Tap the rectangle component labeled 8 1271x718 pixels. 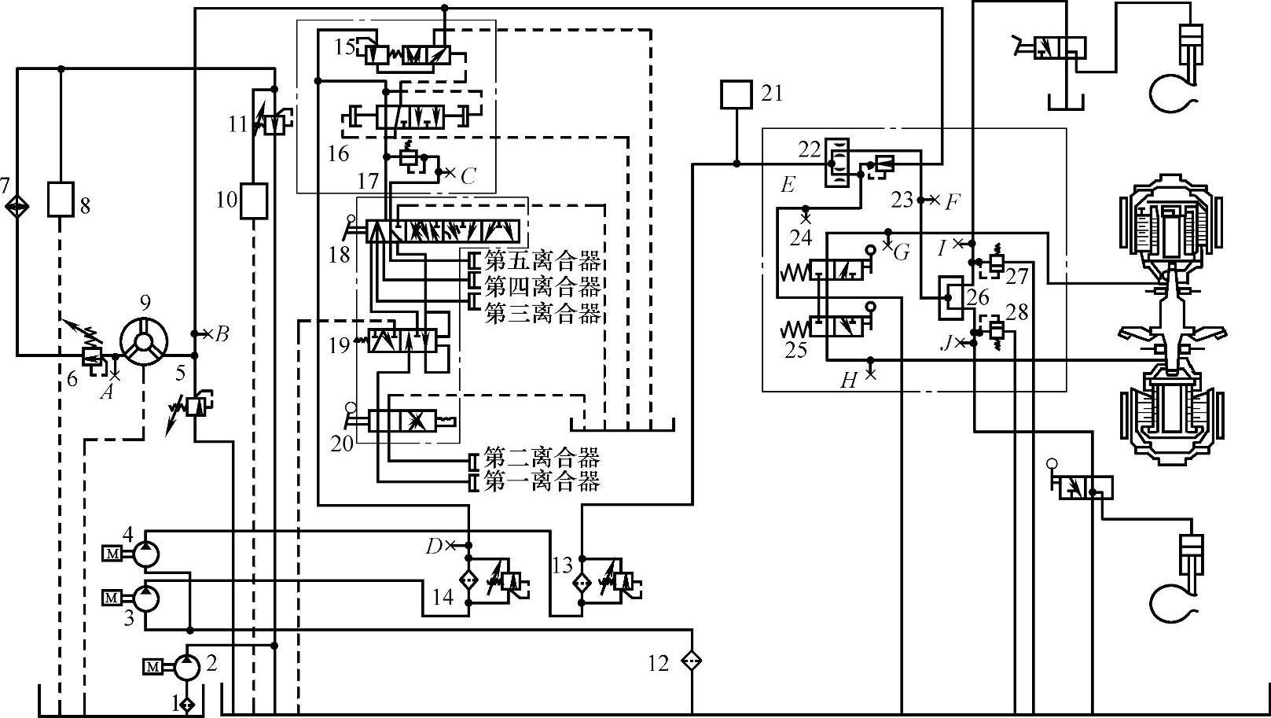click(x=61, y=199)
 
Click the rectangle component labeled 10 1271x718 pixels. click(x=254, y=201)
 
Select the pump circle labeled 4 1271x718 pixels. click(x=145, y=554)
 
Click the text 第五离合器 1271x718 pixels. click(x=542, y=260)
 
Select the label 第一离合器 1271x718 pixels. click(x=542, y=481)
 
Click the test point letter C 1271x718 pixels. click(x=468, y=175)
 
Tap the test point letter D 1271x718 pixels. click(x=433, y=546)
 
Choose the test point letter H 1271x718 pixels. click(x=848, y=381)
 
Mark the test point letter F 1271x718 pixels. click(x=952, y=202)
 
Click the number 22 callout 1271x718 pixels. click(x=808, y=148)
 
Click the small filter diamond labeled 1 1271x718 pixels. click(x=186, y=704)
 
